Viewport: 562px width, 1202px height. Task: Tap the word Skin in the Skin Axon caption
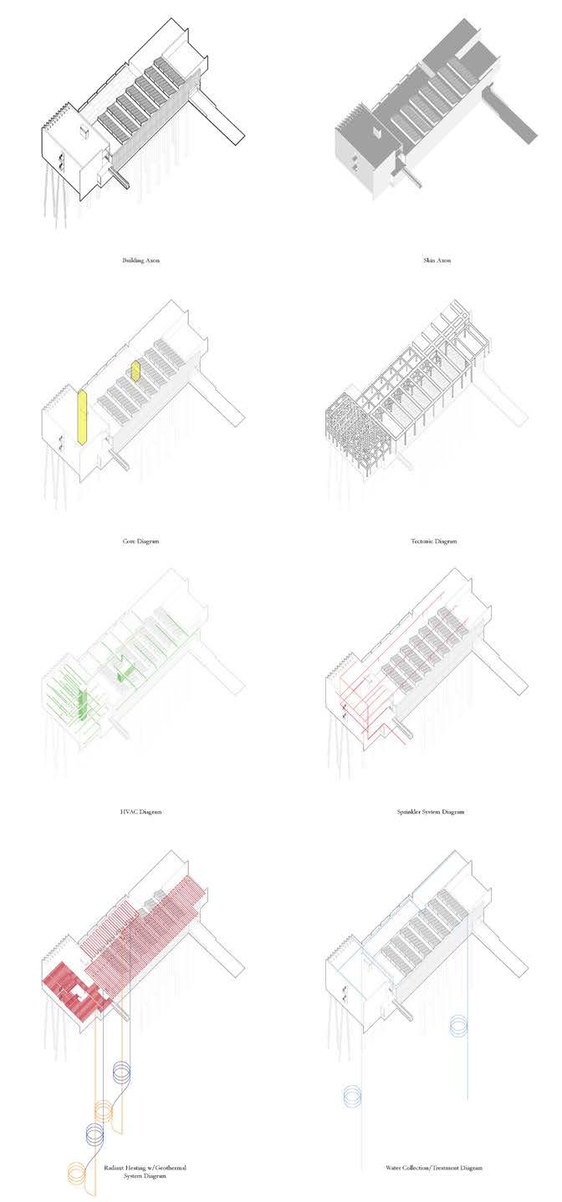(x=428, y=261)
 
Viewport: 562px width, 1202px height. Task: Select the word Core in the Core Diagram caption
(x=130, y=541)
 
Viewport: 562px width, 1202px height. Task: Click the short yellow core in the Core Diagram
(x=135, y=370)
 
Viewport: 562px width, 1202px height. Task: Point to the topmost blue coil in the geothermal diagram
(x=122, y=1072)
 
